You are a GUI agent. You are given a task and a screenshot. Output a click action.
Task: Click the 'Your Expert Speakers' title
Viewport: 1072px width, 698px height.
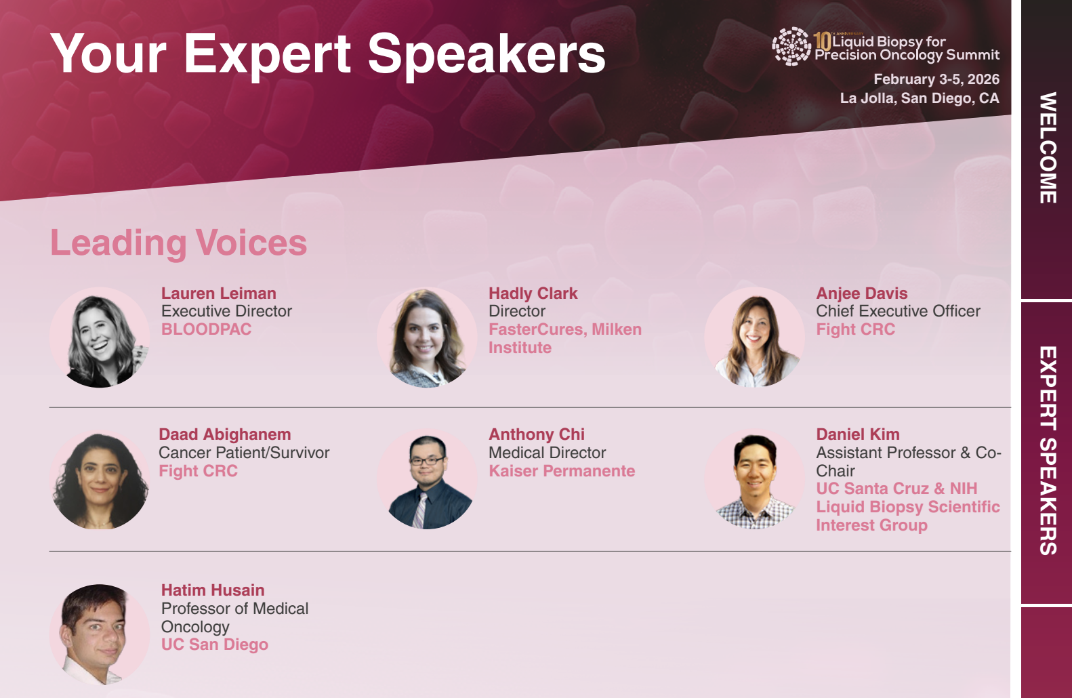[x=328, y=55]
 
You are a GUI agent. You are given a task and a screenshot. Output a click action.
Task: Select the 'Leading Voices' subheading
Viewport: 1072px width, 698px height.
[x=178, y=243]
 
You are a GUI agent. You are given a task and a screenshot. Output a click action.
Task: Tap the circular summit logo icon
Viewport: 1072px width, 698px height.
[x=792, y=46]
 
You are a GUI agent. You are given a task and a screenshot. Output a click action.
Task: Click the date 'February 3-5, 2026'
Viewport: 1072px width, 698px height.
[x=936, y=79]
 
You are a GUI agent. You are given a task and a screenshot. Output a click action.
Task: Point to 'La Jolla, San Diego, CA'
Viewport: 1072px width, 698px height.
[x=920, y=98]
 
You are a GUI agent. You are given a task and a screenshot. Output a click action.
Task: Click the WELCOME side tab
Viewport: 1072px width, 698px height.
[x=1048, y=148]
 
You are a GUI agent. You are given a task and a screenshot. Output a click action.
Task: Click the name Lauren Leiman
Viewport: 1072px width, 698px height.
[x=219, y=293]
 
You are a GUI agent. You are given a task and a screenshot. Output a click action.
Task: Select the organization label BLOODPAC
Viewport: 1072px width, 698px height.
[x=206, y=329]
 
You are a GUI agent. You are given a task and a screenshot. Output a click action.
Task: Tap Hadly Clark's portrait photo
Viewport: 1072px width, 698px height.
[x=427, y=337]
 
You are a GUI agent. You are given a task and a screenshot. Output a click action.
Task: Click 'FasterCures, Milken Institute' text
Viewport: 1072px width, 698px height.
[x=565, y=338]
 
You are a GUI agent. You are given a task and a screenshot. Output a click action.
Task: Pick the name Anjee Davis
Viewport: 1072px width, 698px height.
[x=862, y=293]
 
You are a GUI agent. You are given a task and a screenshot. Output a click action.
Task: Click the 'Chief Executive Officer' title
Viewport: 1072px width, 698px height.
[x=899, y=311]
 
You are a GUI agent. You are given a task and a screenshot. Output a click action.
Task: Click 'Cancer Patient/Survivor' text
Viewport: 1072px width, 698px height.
[x=244, y=453]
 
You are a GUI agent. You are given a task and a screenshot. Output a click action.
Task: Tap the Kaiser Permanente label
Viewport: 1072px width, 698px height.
[x=562, y=471]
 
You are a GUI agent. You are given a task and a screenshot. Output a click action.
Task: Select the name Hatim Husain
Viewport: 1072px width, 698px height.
[x=213, y=590]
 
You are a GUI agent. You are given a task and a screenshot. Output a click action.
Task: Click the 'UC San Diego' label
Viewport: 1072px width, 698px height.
[x=215, y=645]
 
